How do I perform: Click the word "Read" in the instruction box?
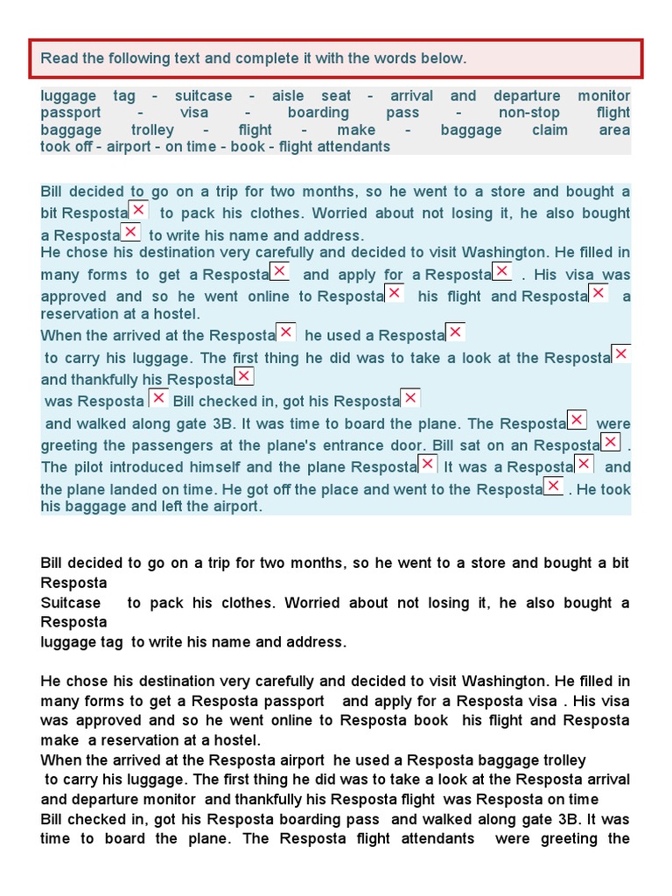59,59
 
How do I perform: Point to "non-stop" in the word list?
528,113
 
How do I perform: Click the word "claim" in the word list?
549,130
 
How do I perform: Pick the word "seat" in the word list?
336,96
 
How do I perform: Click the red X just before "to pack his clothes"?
139,210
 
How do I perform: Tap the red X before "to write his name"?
130,232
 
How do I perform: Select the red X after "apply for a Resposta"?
502,271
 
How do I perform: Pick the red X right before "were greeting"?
577,420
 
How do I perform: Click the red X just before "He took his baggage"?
553,486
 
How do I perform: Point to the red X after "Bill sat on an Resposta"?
611,442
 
